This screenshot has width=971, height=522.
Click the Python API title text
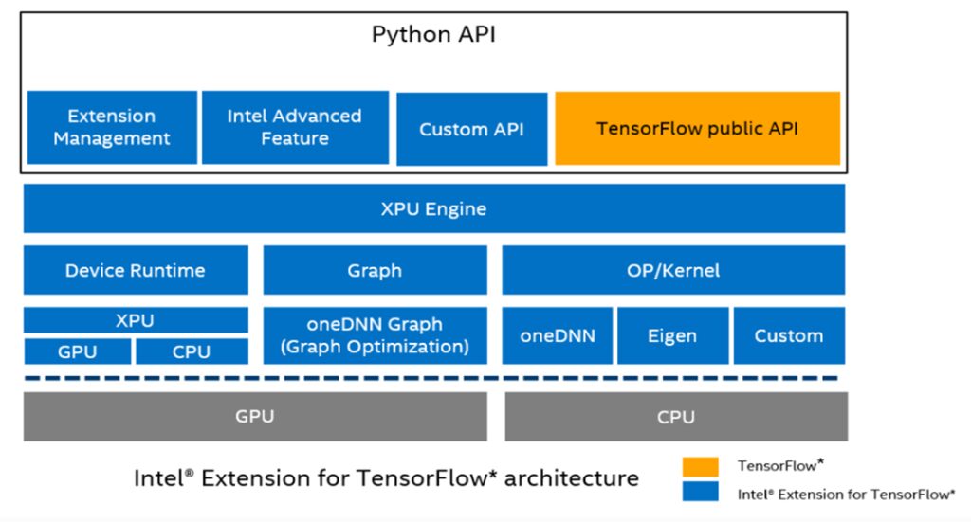tap(433, 35)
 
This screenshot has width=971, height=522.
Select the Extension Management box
tap(112, 127)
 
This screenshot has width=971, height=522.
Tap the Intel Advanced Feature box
tap(295, 127)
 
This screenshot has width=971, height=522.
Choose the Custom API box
tap(471, 129)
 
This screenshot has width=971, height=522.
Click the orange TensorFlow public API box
tap(697, 128)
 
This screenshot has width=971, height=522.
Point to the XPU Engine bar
tap(433, 208)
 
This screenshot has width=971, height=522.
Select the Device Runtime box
tap(136, 270)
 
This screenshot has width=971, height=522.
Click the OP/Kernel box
tap(673, 270)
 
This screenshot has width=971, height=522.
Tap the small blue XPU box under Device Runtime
tap(136, 320)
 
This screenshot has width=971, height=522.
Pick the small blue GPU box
tap(77, 351)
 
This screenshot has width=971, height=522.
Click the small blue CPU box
tap(192, 351)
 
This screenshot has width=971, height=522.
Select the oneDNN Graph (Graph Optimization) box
tap(375, 335)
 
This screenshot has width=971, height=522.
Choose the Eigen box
tap(672, 335)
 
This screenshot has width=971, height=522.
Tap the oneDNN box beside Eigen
tap(558, 335)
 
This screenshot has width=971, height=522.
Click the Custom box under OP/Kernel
tap(788, 335)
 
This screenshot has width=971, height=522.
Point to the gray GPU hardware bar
tap(255, 416)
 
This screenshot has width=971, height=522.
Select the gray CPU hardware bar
tap(675, 416)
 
